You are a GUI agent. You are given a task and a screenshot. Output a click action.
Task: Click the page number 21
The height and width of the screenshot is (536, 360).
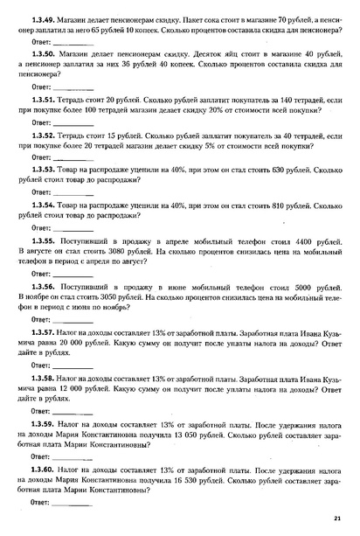[337, 518]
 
